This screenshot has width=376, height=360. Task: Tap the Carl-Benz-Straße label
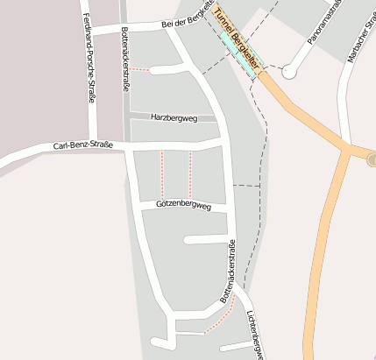[x=83, y=145]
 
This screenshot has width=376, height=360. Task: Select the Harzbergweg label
[x=174, y=116]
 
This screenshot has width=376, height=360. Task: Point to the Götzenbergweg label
[x=184, y=205]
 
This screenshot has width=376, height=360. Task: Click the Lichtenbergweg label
[x=254, y=335]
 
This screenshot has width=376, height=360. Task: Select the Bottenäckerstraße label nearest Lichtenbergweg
[x=229, y=272]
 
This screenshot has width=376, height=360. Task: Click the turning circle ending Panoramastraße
[x=289, y=73]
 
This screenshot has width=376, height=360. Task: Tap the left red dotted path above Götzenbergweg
[x=161, y=174]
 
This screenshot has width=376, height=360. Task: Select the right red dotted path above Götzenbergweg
[x=190, y=174]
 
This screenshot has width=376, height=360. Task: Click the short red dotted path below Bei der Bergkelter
[x=140, y=69]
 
